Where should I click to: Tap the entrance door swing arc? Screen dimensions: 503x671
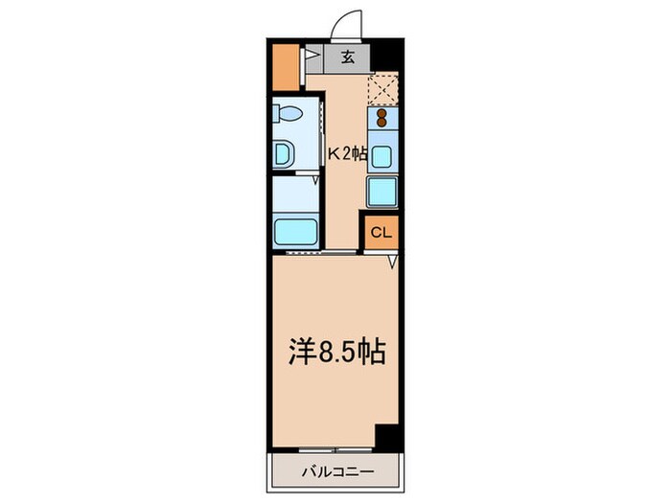[x=346, y=22]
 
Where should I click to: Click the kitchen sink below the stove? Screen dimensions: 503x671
[x=382, y=155]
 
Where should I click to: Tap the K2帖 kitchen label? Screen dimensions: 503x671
[x=347, y=151]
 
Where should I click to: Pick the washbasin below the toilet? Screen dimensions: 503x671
[x=285, y=153]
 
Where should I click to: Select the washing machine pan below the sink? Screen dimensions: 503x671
[x=382, y=192]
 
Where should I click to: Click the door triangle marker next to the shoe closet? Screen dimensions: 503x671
[x=311, y=57]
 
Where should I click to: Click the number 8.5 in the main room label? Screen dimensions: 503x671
[x=338, y=354]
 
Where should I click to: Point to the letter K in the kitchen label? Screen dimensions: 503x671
[x=335, y=151]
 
